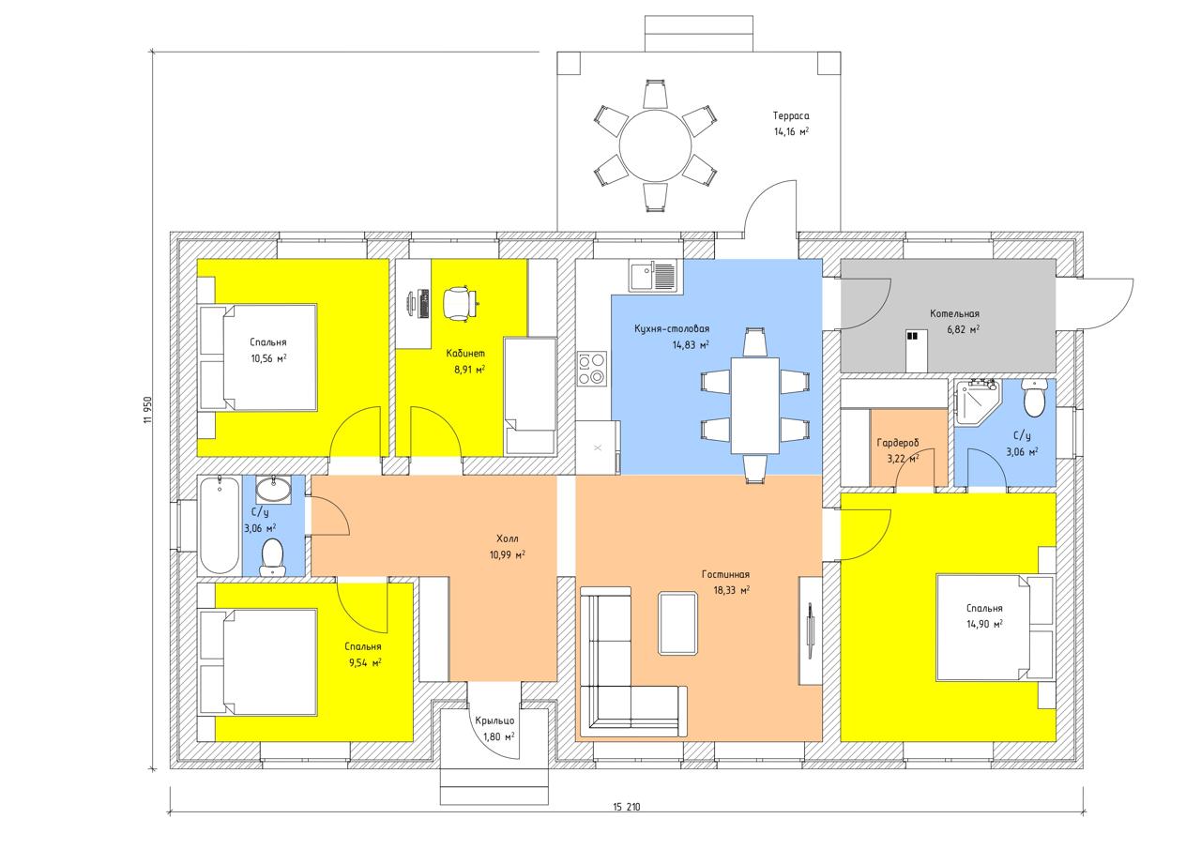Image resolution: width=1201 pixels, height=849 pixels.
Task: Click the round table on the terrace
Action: [655, 145]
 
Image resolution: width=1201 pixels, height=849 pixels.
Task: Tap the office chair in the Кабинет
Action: [460, 304]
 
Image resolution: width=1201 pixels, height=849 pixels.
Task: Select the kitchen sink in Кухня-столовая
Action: [653, 276]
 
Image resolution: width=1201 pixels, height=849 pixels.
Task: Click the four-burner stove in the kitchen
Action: [592, 369]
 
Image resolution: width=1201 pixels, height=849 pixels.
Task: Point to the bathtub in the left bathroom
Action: [220, 525]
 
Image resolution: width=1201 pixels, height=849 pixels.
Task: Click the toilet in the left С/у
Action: [272, 557]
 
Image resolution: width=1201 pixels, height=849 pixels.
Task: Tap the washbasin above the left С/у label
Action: [273, 490]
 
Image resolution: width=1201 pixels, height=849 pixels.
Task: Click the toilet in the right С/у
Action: [1034, 397]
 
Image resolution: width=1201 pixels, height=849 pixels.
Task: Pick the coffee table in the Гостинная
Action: [678, 623]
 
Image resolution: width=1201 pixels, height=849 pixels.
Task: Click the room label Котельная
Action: [954, 313]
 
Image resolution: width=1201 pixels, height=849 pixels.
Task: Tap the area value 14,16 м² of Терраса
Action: [791, 131]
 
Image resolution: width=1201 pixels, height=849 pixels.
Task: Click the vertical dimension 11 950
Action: [148, 410]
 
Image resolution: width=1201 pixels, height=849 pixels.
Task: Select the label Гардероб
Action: [898, 443]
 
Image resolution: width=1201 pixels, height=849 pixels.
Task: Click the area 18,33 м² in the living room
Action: [731, 590]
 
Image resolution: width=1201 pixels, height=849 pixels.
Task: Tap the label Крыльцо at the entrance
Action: [494, 720]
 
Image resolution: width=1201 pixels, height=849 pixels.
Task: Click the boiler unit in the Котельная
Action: [917, 351]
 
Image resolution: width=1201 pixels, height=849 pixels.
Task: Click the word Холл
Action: [507, 538]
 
